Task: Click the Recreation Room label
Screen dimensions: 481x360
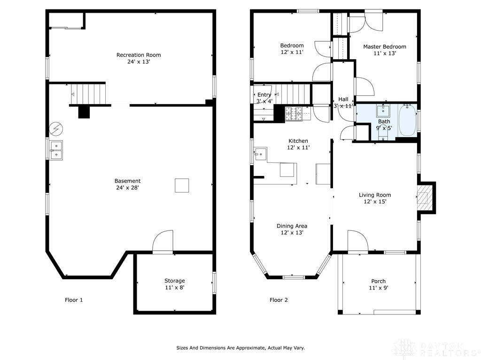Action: [x=139, y=55]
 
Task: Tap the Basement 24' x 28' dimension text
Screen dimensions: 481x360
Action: [x=128, y=188]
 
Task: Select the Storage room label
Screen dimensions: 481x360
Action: [x=175, y=281]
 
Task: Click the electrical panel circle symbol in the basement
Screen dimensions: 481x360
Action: [x=56, y=129]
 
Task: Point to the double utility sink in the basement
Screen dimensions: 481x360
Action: [x=56, y=150]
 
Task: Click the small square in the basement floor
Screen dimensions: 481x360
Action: [x=182, y=185]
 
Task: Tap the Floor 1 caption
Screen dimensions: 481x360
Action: [x=74, y=300]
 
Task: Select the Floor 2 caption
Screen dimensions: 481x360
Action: [x=279, y=300]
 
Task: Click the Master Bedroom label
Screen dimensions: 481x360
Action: [x=385, y=46]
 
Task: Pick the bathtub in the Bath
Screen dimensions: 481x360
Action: [x=407, y=120]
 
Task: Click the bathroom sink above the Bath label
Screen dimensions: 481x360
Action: [x=383, y=111]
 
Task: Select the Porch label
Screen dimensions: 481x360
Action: [x=378, y=281]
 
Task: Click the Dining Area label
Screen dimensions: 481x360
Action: [x=292, y=226]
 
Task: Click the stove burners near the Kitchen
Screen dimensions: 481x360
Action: [x=294, y=114]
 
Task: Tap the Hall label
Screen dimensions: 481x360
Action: [x=343, y=100]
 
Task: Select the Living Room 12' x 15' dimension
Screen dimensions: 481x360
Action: [x=375, y=201]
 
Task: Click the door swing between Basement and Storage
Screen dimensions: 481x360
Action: [x=163, y=241]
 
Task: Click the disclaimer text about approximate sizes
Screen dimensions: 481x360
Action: [x=240, y=348]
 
